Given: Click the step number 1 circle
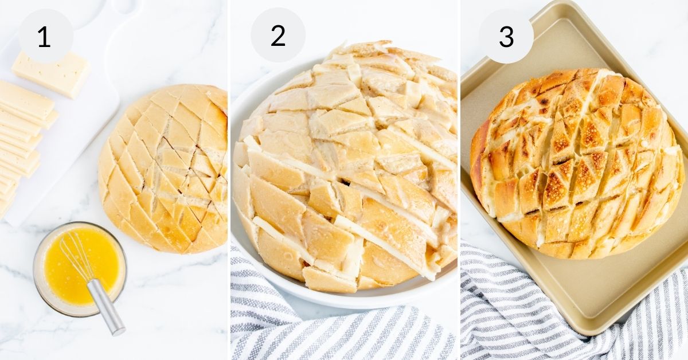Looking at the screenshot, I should coord(45,36).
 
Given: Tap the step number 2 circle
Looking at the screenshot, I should coord(278,36).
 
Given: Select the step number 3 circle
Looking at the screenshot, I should coord(506,36).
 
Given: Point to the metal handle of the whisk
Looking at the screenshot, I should coord(107,307).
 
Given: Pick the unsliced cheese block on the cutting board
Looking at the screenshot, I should coord(50,73).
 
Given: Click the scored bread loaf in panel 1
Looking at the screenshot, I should coord(163,169).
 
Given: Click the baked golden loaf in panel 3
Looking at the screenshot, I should coord(576,163).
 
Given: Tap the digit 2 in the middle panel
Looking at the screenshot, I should coord(278,36).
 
